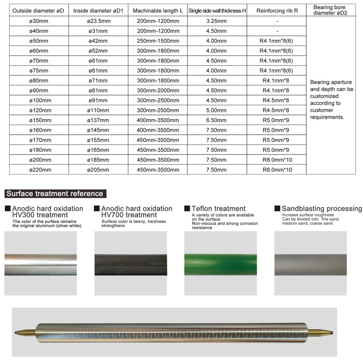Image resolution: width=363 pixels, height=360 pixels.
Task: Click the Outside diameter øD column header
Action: pos(38,10)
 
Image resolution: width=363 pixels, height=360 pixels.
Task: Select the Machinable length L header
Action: pos(158,10)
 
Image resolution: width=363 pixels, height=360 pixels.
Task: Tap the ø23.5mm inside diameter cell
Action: pos(99,22)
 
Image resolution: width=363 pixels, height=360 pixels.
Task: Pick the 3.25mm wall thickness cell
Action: pos(216,22)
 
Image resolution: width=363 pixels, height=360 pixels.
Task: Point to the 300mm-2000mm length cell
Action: pos(158,90)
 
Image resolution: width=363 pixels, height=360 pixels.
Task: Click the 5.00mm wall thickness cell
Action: pos(216,110)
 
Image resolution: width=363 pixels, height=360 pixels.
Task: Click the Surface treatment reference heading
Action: pos(54,194)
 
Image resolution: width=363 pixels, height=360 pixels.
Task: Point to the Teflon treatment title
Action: pos(218,209)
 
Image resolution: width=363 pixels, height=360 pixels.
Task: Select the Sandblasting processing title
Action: pos(322,209)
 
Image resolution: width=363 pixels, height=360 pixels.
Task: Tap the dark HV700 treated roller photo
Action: pos(131,263)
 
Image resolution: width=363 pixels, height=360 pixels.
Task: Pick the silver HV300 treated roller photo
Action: pos(40,263)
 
